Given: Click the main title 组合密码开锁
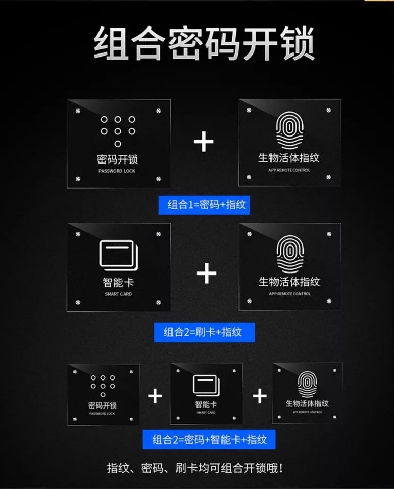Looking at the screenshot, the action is [x=204, y=43].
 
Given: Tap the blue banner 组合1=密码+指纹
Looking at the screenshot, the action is [x=204, y=205].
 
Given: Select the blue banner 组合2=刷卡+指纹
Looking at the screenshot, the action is [x=204, y=332].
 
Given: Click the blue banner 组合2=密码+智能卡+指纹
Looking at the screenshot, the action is [x=209, y=440].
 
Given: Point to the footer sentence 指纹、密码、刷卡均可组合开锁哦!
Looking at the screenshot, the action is [x=195, y=468].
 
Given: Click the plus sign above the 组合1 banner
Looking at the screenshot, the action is [x=204, y=141].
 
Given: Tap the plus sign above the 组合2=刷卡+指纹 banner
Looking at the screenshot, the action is [x=207, y=273].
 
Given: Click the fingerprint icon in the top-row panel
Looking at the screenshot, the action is [x=290, y=130].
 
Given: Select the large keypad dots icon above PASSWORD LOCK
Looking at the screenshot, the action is [x=118, y=131].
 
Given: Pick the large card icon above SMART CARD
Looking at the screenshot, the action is [x=118, y=256].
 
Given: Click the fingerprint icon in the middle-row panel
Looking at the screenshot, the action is [x=290, y=254].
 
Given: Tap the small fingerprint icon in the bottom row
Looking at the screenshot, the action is [x=307, y=384].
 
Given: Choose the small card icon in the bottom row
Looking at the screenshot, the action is [x=206, y=386].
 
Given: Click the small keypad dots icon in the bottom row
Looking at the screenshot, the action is [x=103, y=386].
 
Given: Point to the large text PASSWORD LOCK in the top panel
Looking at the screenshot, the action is [x=117, y=171].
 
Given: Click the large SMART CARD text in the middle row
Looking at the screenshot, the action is [x=118, y=294].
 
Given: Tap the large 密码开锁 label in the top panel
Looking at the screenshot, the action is [x=117, y=159].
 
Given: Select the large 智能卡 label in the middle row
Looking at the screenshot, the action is [x=118, y=283].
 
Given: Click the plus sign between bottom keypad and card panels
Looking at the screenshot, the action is [x=155, y=396].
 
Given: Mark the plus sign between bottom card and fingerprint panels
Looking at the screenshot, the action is [x=260, y=396].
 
